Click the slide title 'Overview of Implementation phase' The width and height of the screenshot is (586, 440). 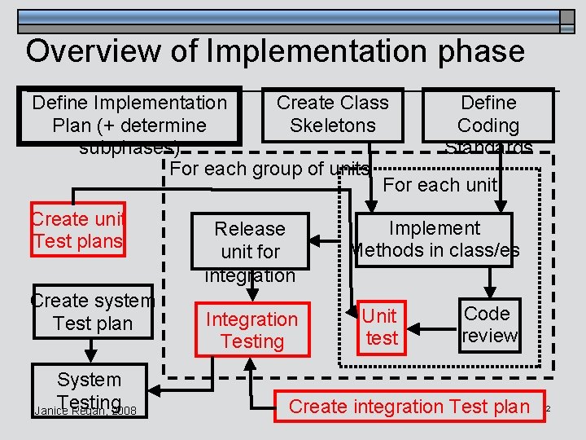tap(275, 51)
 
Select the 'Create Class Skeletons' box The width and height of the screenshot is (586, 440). tap(333, 114)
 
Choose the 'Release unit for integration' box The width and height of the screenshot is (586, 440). tap(250, 241)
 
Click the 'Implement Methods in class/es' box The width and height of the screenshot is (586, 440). tap(435, 239)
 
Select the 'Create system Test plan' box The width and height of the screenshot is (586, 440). tap(92, 311)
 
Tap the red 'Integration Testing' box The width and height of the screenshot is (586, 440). tap(251, 330)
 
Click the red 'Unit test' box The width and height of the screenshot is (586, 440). tap(380, 326)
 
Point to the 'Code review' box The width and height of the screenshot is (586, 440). tap(489, 324)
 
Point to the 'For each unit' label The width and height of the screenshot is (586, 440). tap(439, 185)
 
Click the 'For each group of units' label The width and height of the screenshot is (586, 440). tap(269, 169)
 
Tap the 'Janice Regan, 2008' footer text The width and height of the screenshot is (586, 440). tap(85, 411)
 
